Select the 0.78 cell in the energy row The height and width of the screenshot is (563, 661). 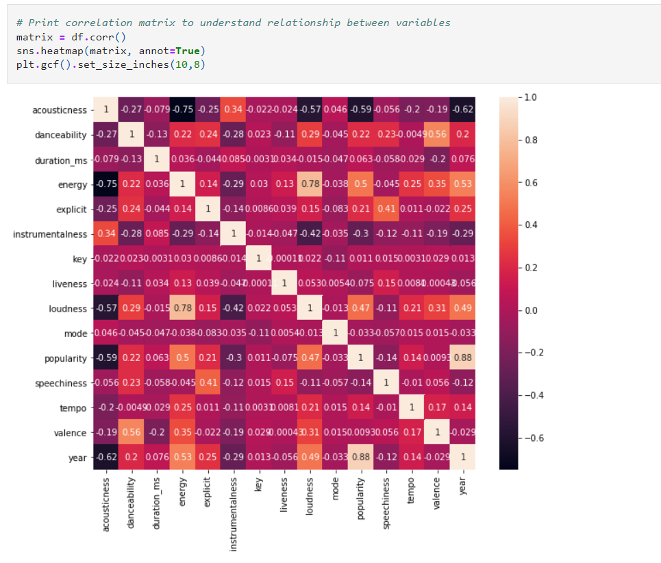[x=310, y=184]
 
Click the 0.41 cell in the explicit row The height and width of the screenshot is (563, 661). [x=385, y=209]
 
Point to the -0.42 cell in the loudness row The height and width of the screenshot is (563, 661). [x=234, y=308]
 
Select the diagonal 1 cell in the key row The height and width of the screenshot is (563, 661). [x=259, y=259]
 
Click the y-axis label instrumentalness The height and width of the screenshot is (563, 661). [x=50, y=234]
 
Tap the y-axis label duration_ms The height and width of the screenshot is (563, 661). [x=60, y=160]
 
